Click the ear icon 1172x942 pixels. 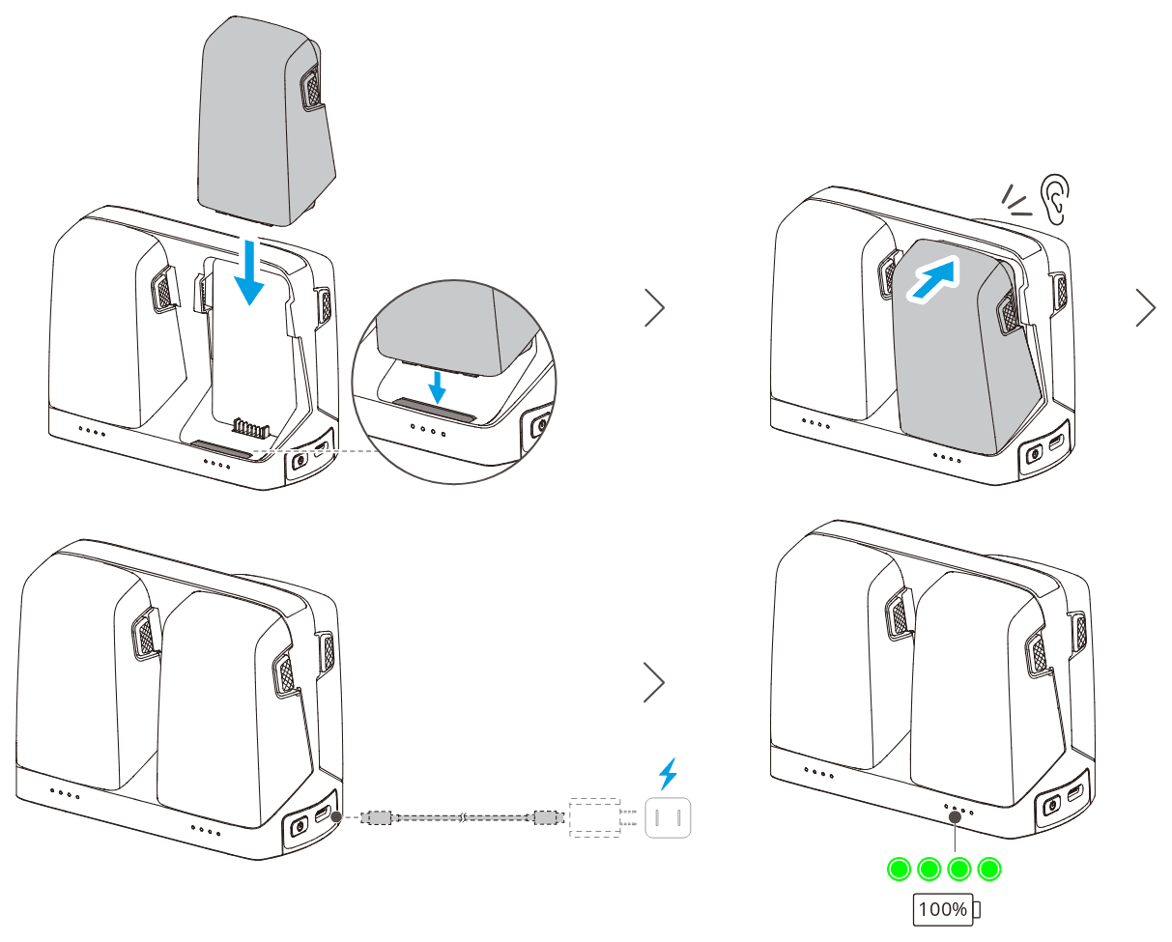click(1055, 199)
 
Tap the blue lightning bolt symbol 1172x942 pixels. click(669, 773)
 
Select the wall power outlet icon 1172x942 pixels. click(668, 817)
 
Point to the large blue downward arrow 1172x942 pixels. click(249, 272)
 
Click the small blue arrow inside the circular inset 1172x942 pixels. click(437, 387)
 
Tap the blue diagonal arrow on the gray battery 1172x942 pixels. click(933, 279)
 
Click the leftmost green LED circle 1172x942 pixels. click(900, 869)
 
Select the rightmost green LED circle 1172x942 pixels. click(989, 869)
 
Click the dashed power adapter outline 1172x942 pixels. click(595, 817)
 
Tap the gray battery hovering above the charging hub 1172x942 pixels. click(267, 122)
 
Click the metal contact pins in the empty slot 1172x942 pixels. click(251, 426)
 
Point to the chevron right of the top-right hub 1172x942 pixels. click(1146, 307)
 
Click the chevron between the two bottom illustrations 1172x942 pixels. click(654, 682)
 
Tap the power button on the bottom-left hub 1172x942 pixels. click(299, 828)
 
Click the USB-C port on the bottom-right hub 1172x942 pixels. click(1074, 793)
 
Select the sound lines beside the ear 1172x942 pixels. click(1015, 201)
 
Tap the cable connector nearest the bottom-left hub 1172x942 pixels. click(376, 817)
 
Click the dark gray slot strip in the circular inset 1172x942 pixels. click(434, 409)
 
